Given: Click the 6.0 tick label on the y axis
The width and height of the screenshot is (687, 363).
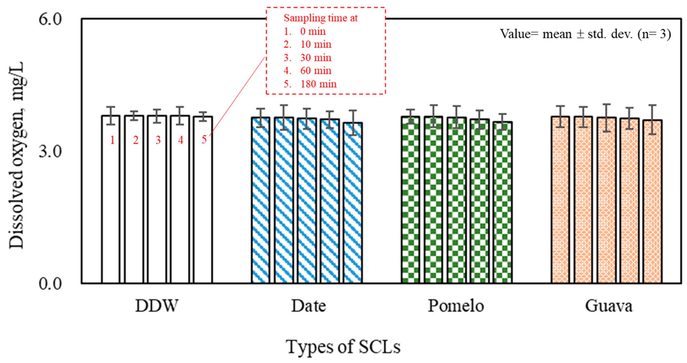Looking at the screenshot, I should [x=50, y=20].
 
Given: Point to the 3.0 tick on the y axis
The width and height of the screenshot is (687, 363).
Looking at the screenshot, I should [x=50, y=152].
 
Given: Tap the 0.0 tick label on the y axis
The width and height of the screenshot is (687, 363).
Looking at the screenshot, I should [x=50, y=284].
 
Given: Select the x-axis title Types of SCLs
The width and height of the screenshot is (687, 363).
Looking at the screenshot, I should [x=343, y=347].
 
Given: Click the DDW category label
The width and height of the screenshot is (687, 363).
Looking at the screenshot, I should [x=157, y=306].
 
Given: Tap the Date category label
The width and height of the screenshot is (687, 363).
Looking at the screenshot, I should [x=309, y=306].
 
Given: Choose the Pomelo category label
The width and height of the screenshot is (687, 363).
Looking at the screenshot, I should [x=456, y=306].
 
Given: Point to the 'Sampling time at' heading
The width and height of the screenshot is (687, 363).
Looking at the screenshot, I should [x=320, y=18].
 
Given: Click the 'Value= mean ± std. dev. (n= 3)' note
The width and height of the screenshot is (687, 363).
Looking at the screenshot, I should [x=585, y=34].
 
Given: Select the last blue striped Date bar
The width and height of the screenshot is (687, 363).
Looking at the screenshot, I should [x=353, y=203].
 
